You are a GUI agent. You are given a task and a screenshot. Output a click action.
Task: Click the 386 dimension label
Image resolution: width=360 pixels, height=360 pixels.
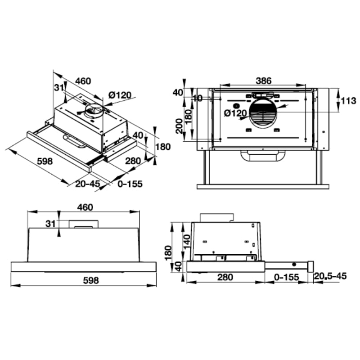pos(263,81)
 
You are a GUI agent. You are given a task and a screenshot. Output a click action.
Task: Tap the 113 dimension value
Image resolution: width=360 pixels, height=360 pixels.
pos(348,100)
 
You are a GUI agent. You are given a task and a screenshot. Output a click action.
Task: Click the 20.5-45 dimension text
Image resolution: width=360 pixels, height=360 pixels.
pos(331,276)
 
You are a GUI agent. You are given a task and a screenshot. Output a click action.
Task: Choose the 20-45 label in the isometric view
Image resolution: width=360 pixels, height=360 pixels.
pos(87,184)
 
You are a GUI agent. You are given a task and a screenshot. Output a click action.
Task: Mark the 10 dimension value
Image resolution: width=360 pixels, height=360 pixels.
pos(198,98)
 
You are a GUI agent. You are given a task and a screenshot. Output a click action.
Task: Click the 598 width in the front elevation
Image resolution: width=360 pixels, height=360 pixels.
pos(91,280)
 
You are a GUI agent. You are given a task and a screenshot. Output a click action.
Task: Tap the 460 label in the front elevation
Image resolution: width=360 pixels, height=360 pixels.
pos(85,207)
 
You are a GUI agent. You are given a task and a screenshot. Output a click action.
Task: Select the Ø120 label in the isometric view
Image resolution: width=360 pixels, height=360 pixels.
pos(120,95)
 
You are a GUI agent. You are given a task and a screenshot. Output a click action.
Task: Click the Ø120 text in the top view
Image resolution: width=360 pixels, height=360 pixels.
pos(235,113)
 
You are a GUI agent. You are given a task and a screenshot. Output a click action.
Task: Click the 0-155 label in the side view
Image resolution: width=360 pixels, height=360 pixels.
pos(287,277)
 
